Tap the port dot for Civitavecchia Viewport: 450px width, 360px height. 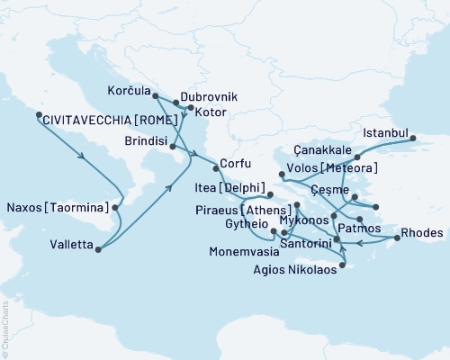point(37,115)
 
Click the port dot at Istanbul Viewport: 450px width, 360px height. point(413,139)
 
